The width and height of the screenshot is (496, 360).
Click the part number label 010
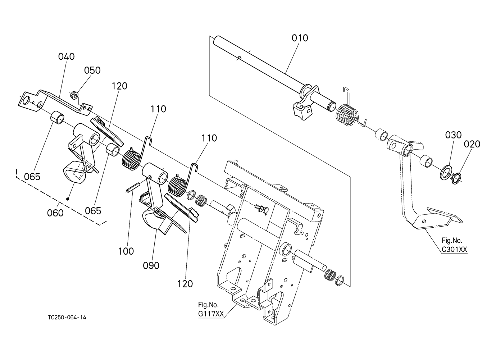pos(300,38)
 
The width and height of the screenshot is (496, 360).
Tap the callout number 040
pos(67,56)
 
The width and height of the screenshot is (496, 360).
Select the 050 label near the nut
pos(92,70)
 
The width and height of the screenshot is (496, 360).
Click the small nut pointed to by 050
pos(74,95)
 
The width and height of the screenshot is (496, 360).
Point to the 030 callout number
pos(453,135)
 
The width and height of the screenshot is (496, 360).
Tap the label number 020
pos(472,144)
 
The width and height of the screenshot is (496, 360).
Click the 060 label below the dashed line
pos(55,213)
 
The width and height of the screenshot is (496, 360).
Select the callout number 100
pos(126,251)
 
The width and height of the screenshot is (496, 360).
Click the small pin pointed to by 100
pos(132,187)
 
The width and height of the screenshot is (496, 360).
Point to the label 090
pos(151,266)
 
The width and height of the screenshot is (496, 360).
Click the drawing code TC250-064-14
pos(67,318)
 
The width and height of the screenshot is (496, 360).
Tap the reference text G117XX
pos(211,314)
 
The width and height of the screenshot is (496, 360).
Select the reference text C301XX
pos(454,250)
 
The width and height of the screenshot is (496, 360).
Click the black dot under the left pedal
pos(68,199)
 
